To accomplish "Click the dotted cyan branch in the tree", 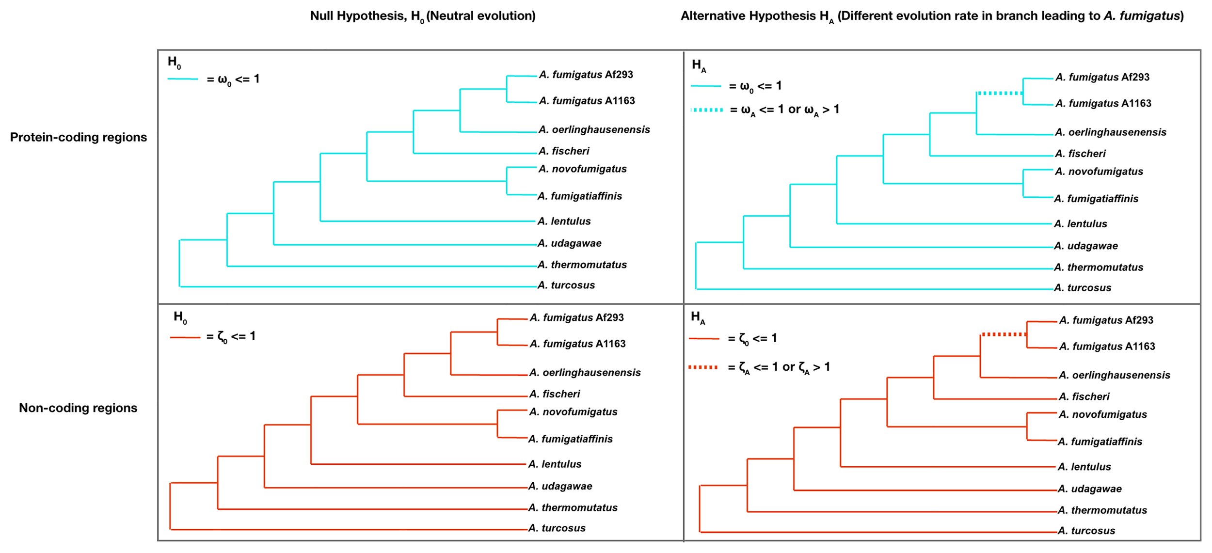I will tap(999, 93).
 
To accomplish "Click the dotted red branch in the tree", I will tap(1003, 334).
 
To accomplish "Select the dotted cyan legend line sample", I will tap(706, 110).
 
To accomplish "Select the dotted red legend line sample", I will tap(703, 367).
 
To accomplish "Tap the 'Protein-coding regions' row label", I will tap(78, 137).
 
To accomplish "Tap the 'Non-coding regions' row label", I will tap(78, 408).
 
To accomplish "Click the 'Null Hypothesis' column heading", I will tap(422, 16).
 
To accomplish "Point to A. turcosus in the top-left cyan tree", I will tap(566, 285).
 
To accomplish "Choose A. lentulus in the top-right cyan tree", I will tap(1081, 224).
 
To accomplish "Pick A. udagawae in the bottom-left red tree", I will tap(560, 486).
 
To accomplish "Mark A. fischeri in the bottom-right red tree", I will tap(1084, 396).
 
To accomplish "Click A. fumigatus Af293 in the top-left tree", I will tap(586, 75).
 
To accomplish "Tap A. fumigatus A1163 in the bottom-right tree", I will tap(1107, 346).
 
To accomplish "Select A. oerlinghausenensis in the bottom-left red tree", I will tap(585, 372).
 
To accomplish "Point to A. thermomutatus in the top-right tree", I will tap(1099, 267).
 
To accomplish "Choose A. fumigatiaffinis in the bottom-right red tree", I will tap(1100, 442).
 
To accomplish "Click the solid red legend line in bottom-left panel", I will tap(185, 337).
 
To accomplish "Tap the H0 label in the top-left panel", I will tap(174, 62).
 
